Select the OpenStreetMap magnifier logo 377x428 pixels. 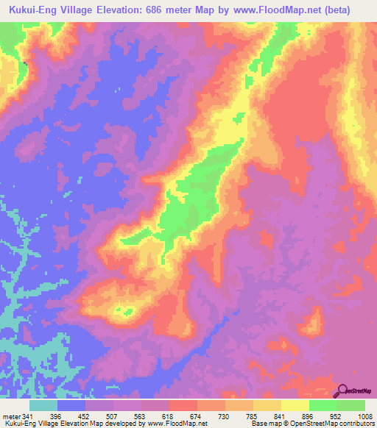[342, 391]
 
